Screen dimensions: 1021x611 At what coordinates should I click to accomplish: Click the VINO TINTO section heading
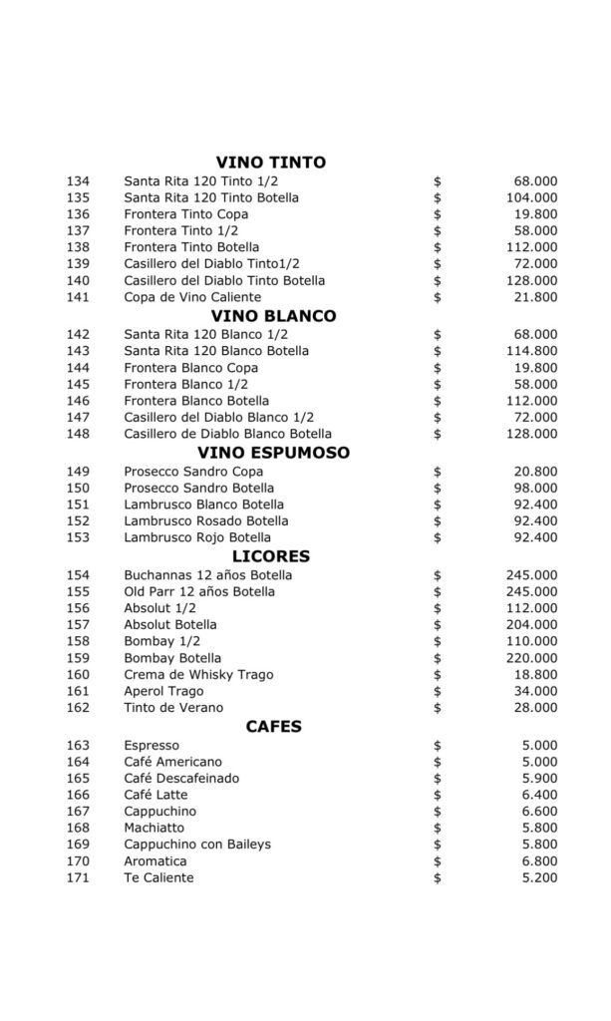click(x=271, y=163)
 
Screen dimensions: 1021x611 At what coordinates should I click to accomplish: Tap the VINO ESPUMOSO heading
click(x=271, y=453)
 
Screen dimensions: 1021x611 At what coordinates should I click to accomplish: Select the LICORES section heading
click(x=271, y=556)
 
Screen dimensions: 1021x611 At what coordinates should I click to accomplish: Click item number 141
click(x=78, y=297)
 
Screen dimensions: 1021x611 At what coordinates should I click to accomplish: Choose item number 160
click(x=78, y=675)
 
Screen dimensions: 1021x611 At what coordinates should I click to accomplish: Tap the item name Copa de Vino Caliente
click(x=192, y=297)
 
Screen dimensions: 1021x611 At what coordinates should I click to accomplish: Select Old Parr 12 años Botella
click(x=199, y=592)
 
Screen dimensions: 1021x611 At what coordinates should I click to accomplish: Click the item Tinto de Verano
click(x=173, y=708)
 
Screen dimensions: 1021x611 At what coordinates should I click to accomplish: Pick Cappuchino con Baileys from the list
click(x=197, y=845)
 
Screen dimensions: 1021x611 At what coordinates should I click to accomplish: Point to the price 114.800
click(x=533, y=351)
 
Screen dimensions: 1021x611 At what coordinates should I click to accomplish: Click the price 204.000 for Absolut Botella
click(x=533, y=625)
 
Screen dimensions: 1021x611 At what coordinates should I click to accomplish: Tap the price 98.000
click(x=536, y=488)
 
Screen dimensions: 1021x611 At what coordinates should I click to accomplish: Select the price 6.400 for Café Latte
click(x=540, y=795)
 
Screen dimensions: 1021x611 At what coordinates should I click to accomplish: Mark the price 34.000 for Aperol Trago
click(x=536, y=691)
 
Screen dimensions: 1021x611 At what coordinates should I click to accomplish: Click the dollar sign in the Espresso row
click(x=438, y=746)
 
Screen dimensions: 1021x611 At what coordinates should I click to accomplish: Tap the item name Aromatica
click(x=154, y=860)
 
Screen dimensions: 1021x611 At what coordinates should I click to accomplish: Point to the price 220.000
click(x=533, y=658)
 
